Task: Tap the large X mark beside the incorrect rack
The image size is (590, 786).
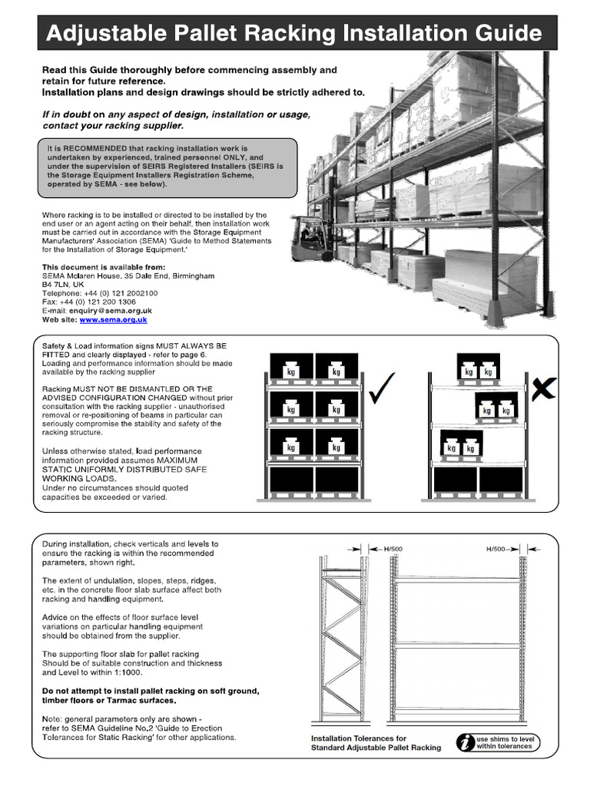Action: click(543, 391)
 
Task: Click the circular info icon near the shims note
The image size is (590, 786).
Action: click(465, 741)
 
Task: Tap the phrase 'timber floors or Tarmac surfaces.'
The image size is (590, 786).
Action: click(109, 700)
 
